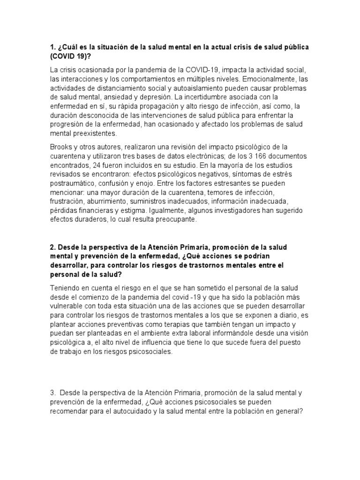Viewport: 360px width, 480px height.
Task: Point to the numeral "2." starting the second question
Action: point(53,247)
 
